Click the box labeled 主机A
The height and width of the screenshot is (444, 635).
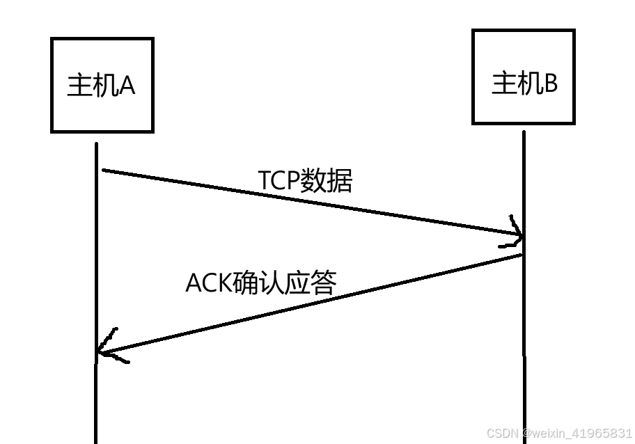[x=102, y=86]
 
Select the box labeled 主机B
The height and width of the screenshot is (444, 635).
[x=524, y=77]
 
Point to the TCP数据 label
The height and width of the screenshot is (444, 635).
[x=306, y=180]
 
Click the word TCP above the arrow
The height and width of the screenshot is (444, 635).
[x=279, y=180]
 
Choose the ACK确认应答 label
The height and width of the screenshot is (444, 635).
[x=261, y=283]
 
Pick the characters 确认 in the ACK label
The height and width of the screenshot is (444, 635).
[x=261, y=283]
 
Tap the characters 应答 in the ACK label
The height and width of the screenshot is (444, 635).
[x=312, y=283]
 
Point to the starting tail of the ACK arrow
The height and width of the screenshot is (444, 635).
[x=520, y=255]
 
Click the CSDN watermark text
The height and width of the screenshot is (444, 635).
[x=559, y=434]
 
